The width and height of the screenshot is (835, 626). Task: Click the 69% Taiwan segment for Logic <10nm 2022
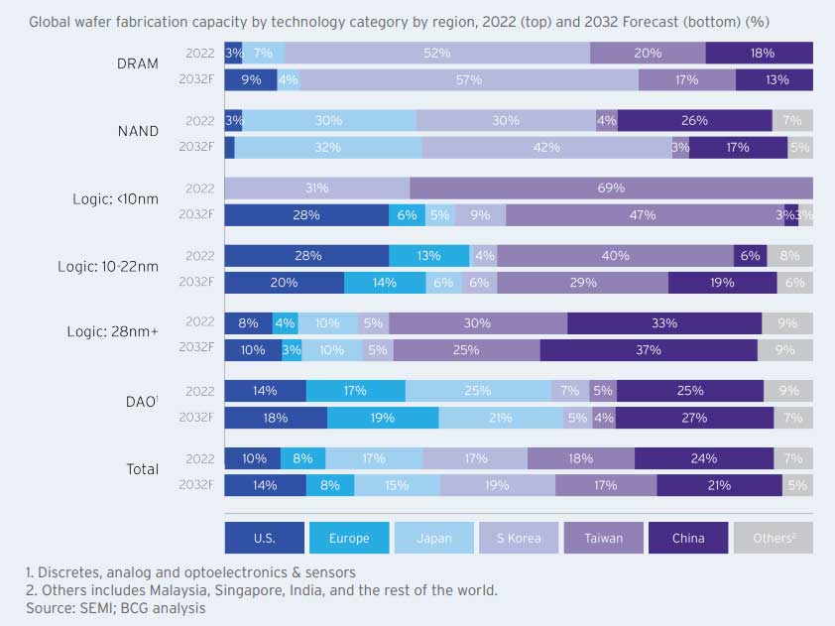point(611,188)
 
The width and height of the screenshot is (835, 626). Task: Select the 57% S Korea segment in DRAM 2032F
point(469,79)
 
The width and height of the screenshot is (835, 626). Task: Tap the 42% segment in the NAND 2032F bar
point(546,147)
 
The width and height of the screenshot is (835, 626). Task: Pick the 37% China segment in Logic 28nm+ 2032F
point(649,350)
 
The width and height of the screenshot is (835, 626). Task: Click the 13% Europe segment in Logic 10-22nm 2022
point(428,256)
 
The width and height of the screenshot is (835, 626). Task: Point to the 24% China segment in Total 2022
point(704,458)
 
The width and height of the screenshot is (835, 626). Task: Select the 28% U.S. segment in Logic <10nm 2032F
point(306,214)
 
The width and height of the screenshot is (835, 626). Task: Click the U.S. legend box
point(264,538)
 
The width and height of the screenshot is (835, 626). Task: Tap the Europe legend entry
point(348,538)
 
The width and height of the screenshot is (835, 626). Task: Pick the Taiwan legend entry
point(604,538)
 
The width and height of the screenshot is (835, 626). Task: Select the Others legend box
point(773,538)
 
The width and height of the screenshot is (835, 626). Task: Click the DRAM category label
point(137,63)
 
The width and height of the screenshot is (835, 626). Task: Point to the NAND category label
point(139,131)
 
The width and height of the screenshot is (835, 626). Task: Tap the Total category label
point(143,469)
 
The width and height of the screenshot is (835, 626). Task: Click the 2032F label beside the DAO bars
point(196,418)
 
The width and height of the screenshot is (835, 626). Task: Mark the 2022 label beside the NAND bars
point(199,121)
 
